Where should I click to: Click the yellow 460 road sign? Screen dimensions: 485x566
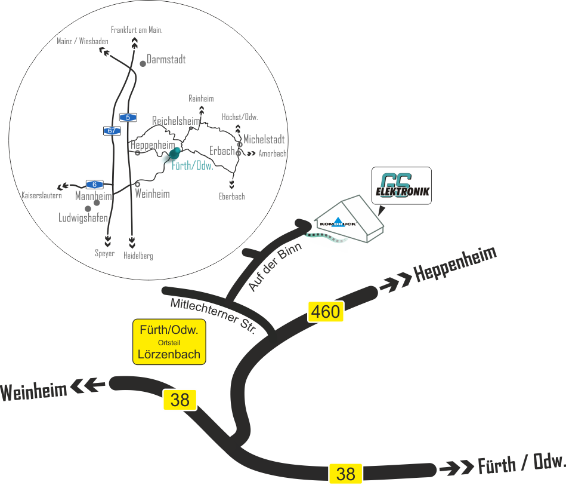[x=326, y=311]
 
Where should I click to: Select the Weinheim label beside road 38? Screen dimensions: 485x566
[x=33, y=392]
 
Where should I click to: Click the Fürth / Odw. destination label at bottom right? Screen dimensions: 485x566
[x=521, y=463]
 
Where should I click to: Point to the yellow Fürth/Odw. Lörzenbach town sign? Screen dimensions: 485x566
[x=169, y=342]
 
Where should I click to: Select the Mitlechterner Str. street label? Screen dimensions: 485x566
[x=213, y=315]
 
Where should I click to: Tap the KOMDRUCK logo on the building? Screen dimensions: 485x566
[x=338, y=224]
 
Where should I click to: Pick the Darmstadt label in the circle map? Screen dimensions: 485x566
[x=166, y=60]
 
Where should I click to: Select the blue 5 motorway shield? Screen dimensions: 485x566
[x=127, y=117]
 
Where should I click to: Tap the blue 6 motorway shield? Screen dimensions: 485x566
[x=94, y=184]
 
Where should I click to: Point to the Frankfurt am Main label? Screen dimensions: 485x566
[x=137, y=29]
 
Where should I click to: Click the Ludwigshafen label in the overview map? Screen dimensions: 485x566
[x=83, y=218]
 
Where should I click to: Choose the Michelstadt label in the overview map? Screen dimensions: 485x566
[x=264, y=139]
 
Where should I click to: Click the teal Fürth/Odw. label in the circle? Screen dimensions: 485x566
[x=192, y=165]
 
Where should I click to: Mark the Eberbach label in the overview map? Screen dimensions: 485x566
[x=232, y=196]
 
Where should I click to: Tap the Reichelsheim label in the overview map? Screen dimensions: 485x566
[x=175, y=121]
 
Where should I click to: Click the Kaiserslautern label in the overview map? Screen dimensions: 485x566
[x=42, y=195]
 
